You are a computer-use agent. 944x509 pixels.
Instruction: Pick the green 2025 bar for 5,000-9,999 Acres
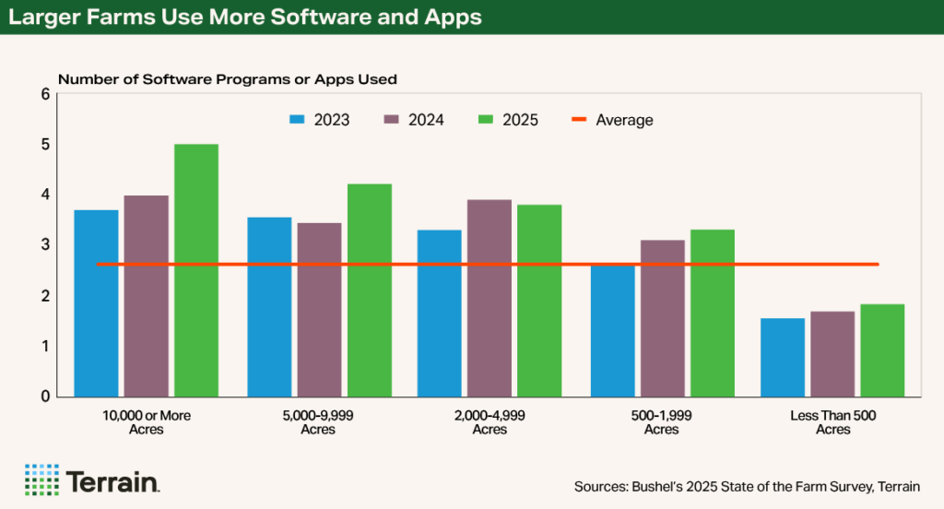pyautogui.click(x=369, y=290)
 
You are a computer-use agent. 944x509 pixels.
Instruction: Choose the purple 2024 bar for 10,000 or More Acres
pyautogui.click(x=146, y=296)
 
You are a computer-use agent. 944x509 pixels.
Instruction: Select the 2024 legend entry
pyautogui.click(x=414, y=120)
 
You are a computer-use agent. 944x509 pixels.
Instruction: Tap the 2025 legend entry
pyautogui.click(x=508, y=120)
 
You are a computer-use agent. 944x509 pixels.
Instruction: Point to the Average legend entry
pyautogui.click(x=612, y=120)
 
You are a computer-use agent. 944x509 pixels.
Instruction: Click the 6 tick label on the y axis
pyautogui.click(x=45, y=94)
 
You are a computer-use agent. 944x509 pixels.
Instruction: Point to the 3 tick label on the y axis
pyautogui.click(x=45, y=245)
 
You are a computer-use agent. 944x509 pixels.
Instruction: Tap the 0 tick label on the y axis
pyautogui.click(x=45, y=397)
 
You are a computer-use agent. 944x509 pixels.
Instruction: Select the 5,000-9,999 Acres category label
pyautogui.click(x=319, y=422)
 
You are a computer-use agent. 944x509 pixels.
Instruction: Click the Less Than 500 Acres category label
pyautogui.click(x=832, y=422)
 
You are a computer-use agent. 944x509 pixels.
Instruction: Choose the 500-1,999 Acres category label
pyautogui.click(x=661, y=422)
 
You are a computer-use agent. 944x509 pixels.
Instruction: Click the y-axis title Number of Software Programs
pyautogui.click(x=227, y=79)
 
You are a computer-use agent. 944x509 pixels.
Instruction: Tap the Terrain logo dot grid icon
pyautogui.click(x=41, y=479)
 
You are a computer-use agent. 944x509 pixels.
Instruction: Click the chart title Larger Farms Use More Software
pyautogui.click(x=244, y=18)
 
